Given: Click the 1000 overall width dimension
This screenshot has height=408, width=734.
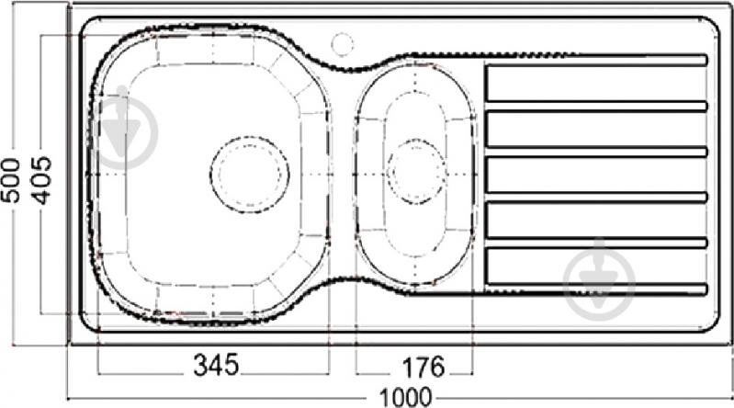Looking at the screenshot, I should tap(402, 397).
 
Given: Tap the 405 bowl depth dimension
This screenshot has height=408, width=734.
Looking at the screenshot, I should tap(40, 178).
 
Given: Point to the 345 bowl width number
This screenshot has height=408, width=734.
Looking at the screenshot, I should tap(216, 366).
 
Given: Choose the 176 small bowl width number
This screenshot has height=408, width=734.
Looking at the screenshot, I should tap(419, 366).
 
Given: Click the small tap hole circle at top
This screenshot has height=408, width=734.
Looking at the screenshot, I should tap(342, 41).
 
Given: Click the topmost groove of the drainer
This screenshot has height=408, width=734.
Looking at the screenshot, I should tap(595, 60).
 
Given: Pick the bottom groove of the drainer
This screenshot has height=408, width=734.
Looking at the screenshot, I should tap(595, 289).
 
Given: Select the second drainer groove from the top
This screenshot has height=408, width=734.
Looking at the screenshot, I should tap(595, 106).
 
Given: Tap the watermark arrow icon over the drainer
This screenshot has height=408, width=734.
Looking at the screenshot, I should tap(600, 273).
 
